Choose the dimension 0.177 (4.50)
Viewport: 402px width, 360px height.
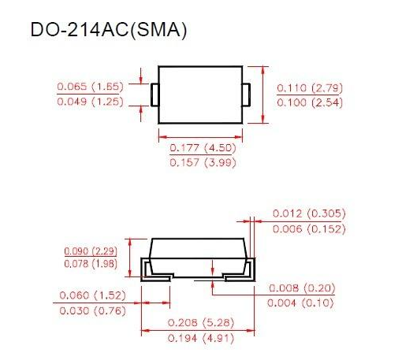coord(203,147)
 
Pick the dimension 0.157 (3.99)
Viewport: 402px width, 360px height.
coord(203,162)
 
